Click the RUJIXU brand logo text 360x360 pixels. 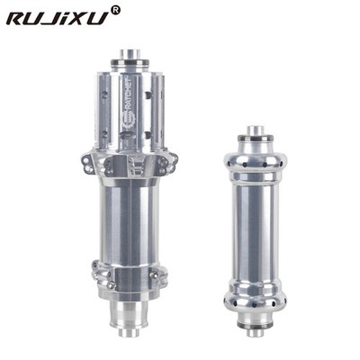click(x=58, y=17)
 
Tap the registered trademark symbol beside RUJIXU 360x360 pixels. click(x=115, y=10)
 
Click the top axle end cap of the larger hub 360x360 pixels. click(x=130, y=55)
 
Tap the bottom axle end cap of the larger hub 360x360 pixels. click(x=130, y=332)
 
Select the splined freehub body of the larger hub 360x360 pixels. click(x=130, y=110)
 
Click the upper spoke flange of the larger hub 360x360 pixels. click(x=130, y=164)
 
